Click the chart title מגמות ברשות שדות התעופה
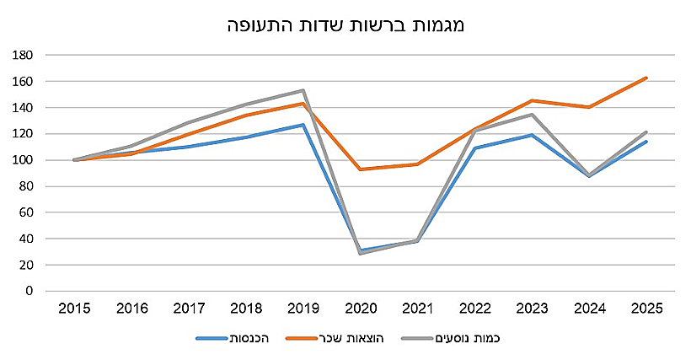(x=346, y=24)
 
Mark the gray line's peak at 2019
(x=303, y=90)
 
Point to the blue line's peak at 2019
(x=303, y=125)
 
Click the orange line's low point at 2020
(x=362, y=169)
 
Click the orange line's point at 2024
(x=590, y=107)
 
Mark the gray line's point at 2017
(x=189, y=122)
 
